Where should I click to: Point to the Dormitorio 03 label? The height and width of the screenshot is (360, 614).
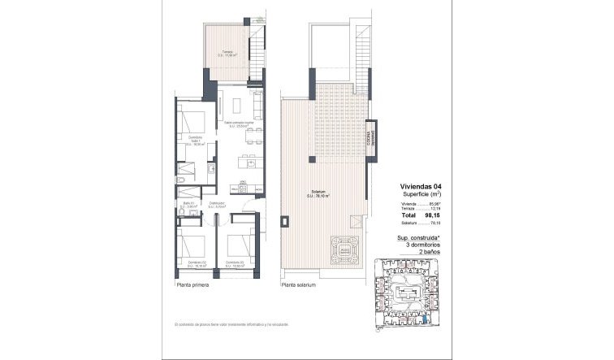coord(235,262)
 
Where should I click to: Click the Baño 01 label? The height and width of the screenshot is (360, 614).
coord(188,205)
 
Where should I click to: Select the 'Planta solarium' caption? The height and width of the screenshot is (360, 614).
coord(297,286)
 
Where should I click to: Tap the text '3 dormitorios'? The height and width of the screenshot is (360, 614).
coord(417,246)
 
